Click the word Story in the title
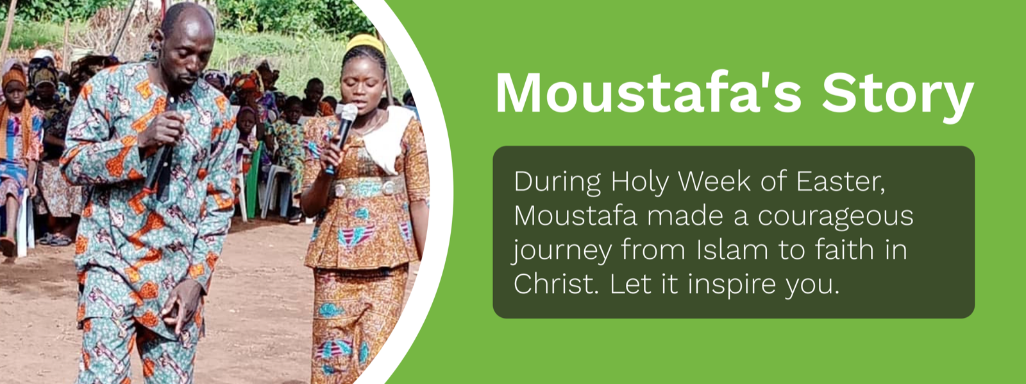(x=897, y=97)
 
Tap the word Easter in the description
(x=840, y=182)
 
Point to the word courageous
(x=835, y=217)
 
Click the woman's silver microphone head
(x=348, y=112)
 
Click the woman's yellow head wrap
(x=366, y=44)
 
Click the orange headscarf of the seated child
(x=13, y=78)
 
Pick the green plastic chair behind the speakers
(x=253, y=180)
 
